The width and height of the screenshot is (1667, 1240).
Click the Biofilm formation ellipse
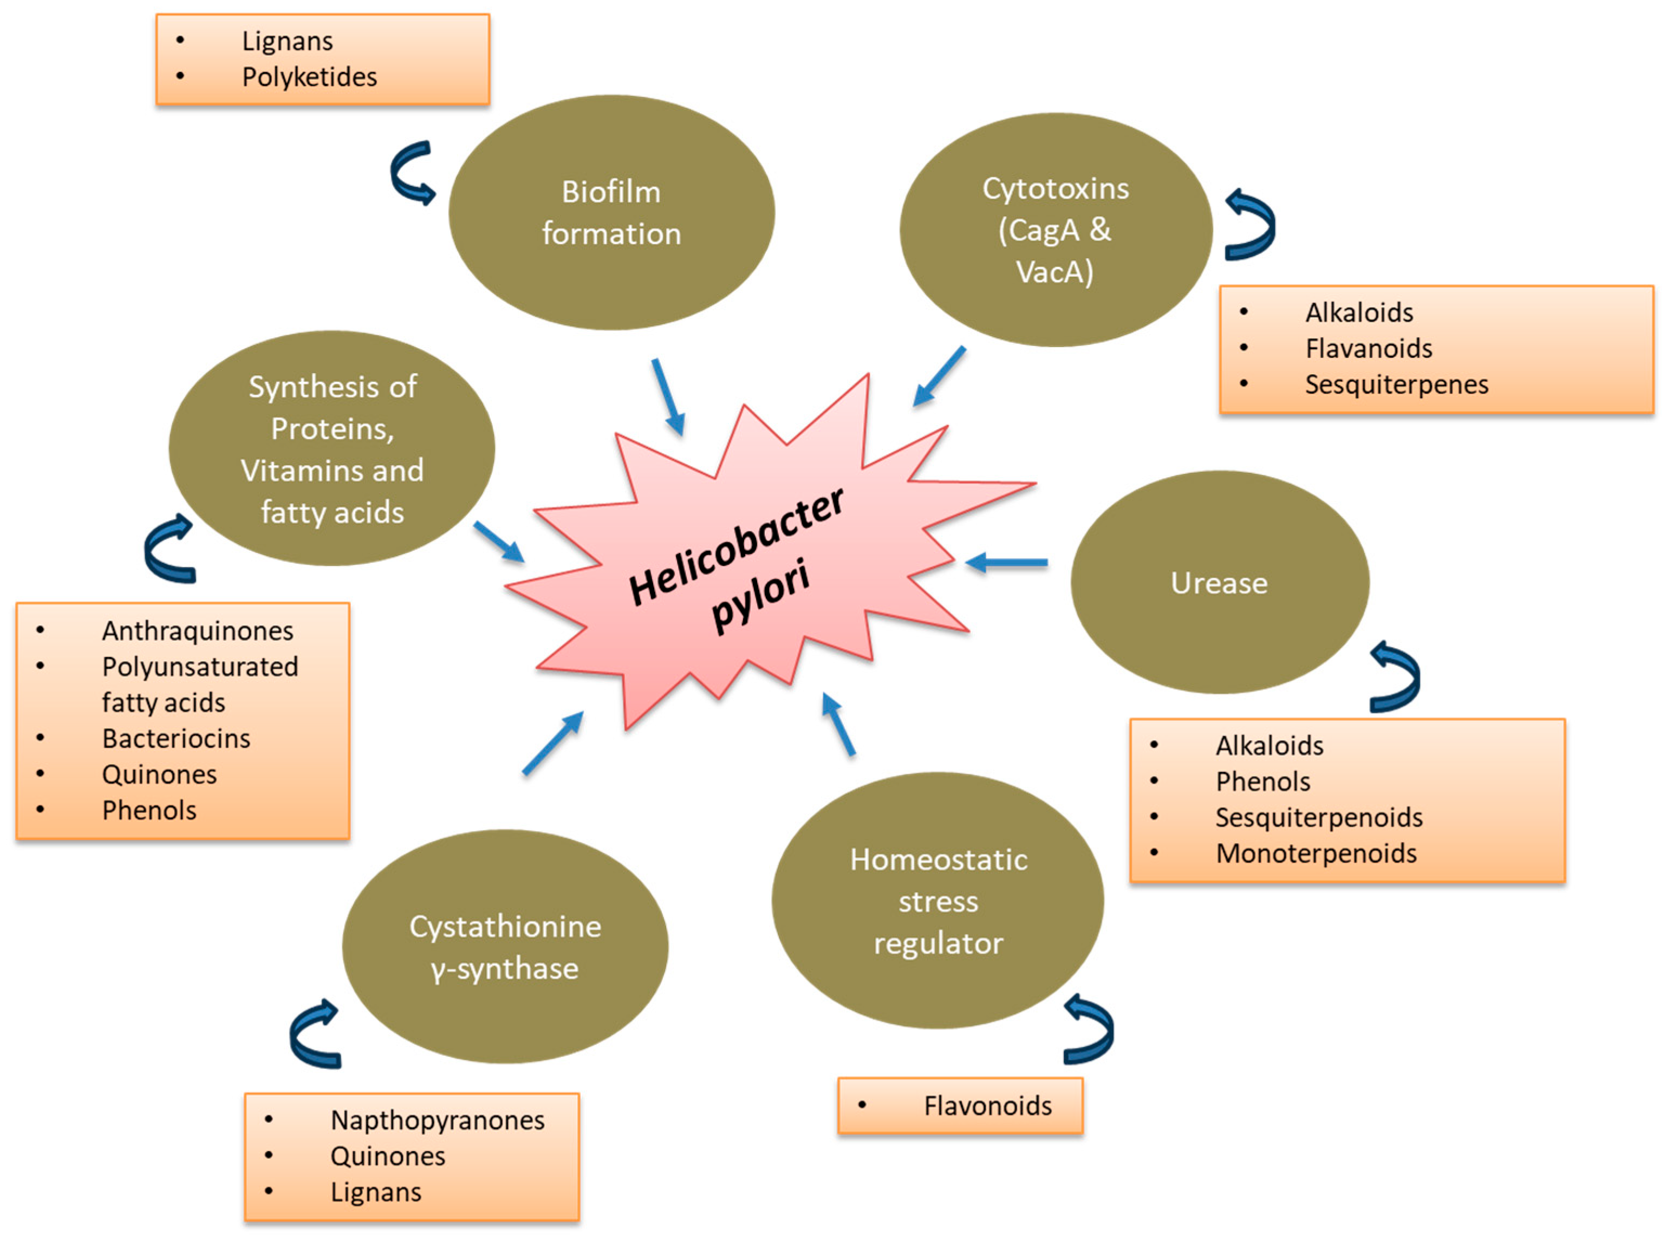click(x=611, y=212)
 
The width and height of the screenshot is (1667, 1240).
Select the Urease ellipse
click(x=1219, y=583)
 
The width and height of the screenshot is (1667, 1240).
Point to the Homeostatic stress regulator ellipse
click(x=937, y=900)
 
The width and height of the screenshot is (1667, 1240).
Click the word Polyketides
click(x=309, y=76)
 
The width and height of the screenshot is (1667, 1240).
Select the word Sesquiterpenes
click(x=1396, y=384)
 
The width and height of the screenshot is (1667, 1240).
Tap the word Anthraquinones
click(x=197, y=630)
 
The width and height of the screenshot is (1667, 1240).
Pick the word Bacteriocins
click(x=177, y=739)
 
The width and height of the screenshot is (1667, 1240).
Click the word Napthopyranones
click(x=438, y=1120)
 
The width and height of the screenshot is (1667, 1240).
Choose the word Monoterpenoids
click(x=1316, y=853)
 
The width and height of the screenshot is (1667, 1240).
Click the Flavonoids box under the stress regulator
click(x=960, y=1106)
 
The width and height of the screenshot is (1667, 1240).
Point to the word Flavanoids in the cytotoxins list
click(x=1368, y=348)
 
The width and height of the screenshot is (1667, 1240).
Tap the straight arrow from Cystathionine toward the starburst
click(x=553, y=742)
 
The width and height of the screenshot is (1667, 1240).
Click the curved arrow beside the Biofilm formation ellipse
click(x=411, y=173)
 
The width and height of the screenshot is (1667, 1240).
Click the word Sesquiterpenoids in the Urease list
click(x=1319, y=818)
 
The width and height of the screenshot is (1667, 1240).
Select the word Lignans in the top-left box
click(x=288, y=41)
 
